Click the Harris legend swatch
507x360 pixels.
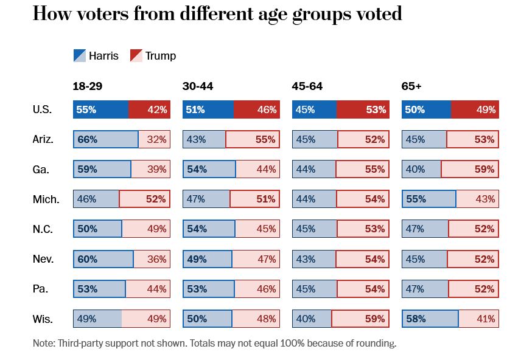point(79,56)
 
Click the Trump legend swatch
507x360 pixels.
point(136,56)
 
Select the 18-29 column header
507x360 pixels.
point(88,86)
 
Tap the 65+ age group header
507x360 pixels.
point(411,86)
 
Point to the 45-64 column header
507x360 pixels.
point(307,86)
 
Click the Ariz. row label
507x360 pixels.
point(43,139)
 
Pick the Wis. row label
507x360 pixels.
point(43,319)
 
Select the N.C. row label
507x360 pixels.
point(43,229)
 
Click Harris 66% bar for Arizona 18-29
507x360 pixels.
point(106,139)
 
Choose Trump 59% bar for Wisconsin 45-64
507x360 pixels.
point(360,319)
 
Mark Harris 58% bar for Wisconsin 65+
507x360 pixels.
point(430,319)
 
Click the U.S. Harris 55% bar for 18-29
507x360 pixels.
point(101,109)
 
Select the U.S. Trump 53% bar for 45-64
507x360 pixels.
point(363,109)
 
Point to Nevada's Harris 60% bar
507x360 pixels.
point(103,259)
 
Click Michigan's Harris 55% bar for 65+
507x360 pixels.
point(429,199)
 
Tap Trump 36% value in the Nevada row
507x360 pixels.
point(156,259)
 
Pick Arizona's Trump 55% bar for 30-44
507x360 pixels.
point(253,139)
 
